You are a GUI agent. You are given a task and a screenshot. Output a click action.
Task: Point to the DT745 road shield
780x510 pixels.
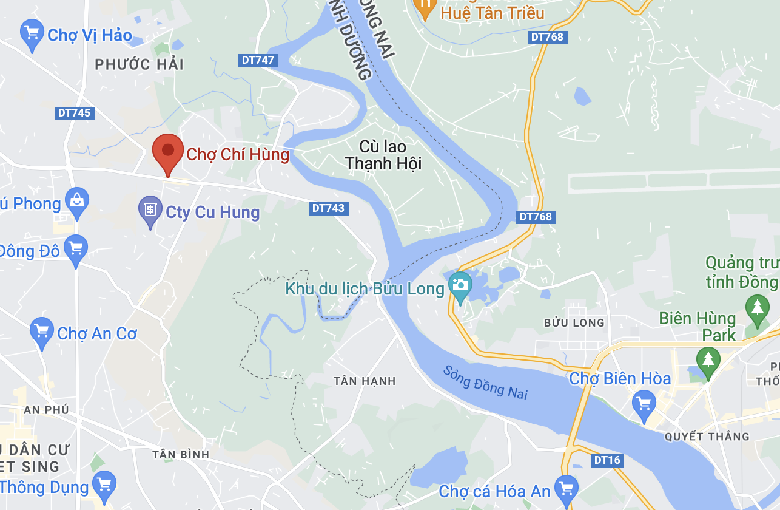click(x=75, y=113)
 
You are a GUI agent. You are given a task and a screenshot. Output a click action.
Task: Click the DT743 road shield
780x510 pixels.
click(x=328, y=208)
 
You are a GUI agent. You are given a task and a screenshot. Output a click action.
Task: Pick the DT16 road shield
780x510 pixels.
click(x=607, y=460)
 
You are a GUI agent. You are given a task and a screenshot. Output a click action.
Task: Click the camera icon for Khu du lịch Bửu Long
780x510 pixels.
click(x=460, y=285)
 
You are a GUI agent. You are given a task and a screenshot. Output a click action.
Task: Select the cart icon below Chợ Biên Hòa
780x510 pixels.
click(x=644, y=403)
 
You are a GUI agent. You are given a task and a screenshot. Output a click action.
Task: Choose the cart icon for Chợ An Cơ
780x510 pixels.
click(x=41, y=331)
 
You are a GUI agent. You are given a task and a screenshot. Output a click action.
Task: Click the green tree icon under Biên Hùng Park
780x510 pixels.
click(x=708, y=358)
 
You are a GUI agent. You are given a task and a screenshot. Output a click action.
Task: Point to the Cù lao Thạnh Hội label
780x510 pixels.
click(x=383, y=155)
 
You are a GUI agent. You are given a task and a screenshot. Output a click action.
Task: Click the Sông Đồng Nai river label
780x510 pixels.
click(x=485, y=382)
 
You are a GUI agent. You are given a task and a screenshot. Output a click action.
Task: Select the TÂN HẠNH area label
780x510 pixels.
click(x=365, y=381)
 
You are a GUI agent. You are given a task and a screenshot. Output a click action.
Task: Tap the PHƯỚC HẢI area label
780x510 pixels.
click(x=139, y=64)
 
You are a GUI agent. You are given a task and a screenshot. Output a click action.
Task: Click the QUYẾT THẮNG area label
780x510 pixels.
click(x=707, y=437)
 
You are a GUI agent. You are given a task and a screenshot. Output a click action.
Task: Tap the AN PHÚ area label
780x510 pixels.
click(x=47, y=410)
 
